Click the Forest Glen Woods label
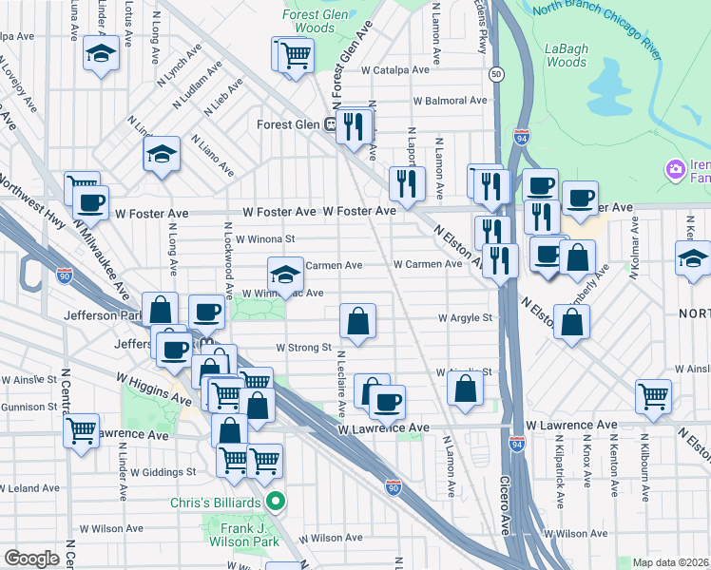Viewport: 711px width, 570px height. click(x=309, y=21)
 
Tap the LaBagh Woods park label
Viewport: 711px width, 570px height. click(x=567, y=54)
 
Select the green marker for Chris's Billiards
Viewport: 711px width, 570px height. click(x=276, y=501)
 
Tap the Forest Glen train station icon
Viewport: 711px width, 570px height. click(x=333, y=123)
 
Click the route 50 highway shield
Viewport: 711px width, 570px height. click(x=496, y=73)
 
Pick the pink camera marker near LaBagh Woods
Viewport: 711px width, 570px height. click(x=676, y=169)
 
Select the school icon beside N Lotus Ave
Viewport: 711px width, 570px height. click(x=98, y=54)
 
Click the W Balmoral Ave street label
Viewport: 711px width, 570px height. click(x=450, y=101)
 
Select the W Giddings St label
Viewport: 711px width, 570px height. click(x=163, y=471)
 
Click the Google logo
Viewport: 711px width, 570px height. click(x=31, y=559)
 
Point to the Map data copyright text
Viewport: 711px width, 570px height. click(x=669, y=562)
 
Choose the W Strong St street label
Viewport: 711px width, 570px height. click(x=302, y=348)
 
